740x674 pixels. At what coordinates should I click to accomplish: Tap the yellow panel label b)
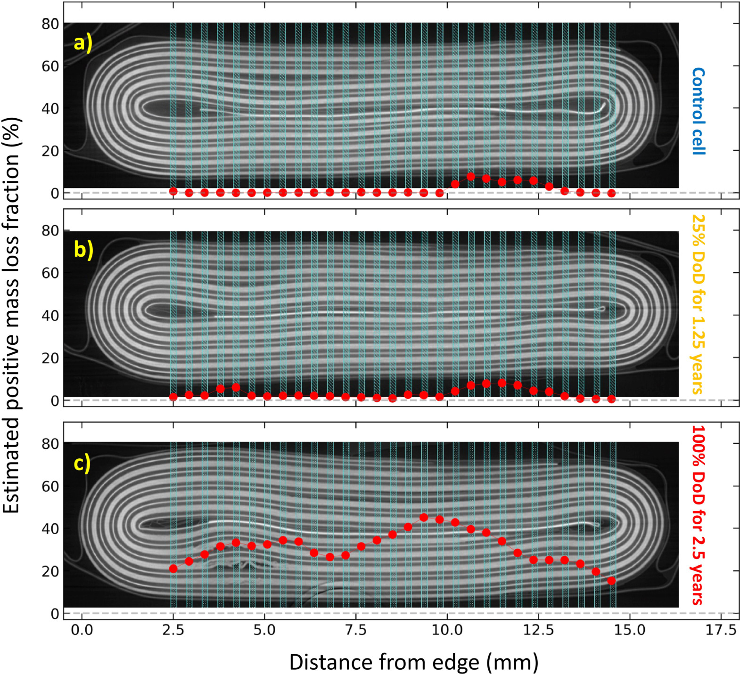[83, 250]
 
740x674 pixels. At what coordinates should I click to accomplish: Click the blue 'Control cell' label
[698, 111]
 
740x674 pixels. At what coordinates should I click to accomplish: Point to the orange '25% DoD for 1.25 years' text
[698, 304]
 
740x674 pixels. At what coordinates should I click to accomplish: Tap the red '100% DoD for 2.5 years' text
[698, 515]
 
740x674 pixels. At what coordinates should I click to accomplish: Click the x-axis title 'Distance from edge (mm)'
[413, 662]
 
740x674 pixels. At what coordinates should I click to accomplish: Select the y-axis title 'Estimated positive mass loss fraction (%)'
[11, 316]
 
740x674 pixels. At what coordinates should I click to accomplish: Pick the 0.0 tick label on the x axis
[82, 630]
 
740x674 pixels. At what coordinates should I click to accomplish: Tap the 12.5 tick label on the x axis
[538, 630]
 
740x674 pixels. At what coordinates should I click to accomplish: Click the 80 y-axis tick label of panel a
[50, 24]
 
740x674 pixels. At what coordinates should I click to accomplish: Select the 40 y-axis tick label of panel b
[50, 316]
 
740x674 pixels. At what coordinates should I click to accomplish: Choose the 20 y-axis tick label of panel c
[50, 571]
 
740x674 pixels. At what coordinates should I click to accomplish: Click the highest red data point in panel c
[424, 518]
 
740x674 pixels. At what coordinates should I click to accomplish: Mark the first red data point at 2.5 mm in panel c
[173, 568]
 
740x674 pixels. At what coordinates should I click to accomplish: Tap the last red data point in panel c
[611, 581]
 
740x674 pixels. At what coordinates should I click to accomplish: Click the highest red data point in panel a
[470, 176]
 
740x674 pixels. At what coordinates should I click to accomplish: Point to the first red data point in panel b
[173, 397]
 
